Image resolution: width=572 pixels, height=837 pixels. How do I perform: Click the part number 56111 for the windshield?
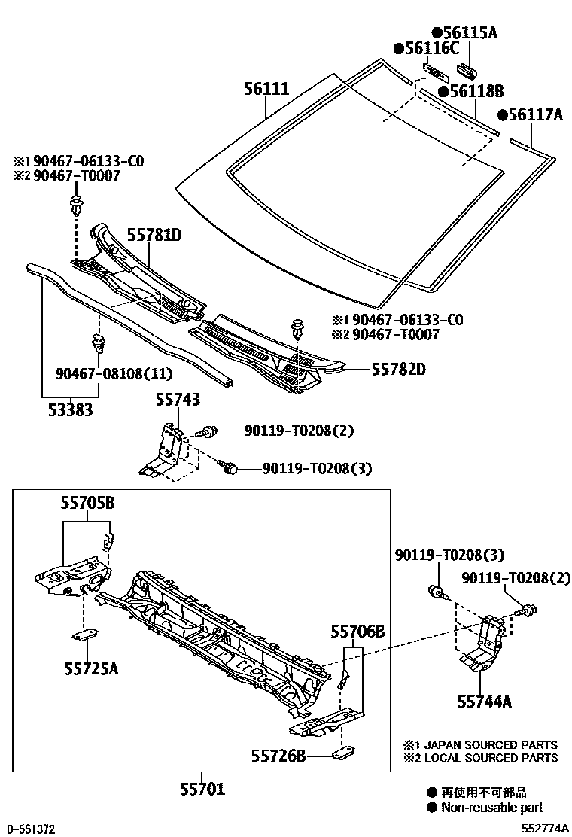pos(266,89)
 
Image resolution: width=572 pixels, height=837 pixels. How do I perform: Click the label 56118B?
pos(475,91)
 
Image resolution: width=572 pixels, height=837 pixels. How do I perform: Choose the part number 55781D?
pos(154,235)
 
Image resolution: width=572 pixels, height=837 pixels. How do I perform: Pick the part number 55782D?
pos(399,370)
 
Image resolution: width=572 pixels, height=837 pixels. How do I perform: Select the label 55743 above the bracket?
pos(178,400)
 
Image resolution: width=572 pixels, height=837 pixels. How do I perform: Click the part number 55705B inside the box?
pos(87,503)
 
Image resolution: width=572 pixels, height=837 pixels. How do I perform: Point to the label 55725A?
pos(90,667)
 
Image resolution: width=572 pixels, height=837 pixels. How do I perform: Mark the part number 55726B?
pos(278,754)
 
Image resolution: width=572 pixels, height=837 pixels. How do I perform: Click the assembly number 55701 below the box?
pos(202,790)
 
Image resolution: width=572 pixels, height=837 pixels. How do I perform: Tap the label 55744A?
pos(484,702)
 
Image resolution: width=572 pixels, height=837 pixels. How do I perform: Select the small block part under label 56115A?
pos(466,70)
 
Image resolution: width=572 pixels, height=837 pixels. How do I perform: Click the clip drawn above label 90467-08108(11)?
pos(98,345)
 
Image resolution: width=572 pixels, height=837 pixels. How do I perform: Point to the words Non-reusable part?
pos(491,808)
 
